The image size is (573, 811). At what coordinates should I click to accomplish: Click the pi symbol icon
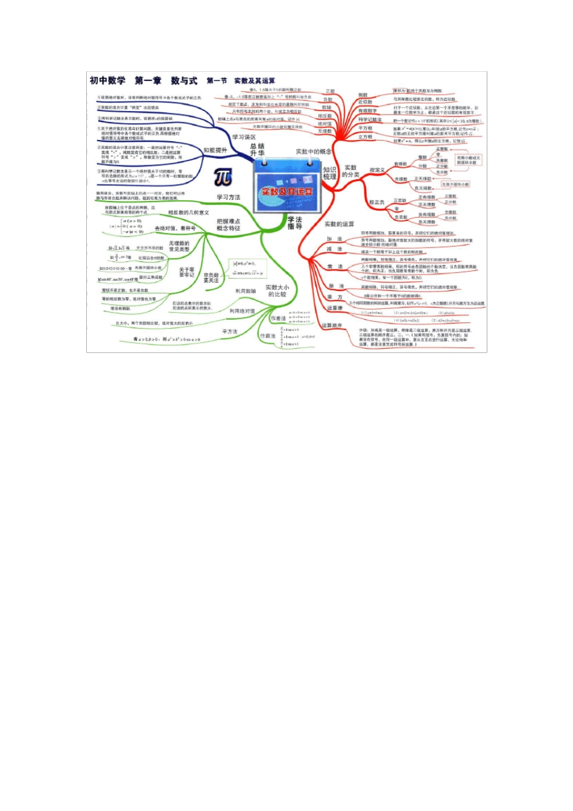(223, 177)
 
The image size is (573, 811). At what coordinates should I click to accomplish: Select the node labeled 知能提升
(215, 150)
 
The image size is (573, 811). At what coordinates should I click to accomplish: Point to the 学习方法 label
(229, 197)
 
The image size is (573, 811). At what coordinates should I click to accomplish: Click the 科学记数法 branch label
(370, 119)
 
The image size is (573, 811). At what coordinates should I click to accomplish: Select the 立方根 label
(366, 137)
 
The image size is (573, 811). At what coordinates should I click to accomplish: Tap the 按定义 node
(377, 170)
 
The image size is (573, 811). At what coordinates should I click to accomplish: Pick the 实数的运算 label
(340, 224)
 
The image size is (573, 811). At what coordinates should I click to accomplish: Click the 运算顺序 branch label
(332, 325)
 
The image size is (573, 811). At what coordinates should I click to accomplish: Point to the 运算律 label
(335, 308)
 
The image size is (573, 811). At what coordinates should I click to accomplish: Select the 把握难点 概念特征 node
(229, 225)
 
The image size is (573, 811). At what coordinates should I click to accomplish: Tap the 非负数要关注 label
(211, 278)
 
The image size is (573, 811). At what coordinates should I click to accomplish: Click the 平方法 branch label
(230, 332)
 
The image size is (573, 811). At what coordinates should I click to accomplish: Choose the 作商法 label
(268, 336)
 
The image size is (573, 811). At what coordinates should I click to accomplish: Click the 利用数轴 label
(245, 291)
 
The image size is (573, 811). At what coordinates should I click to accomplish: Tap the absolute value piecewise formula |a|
(126, 226)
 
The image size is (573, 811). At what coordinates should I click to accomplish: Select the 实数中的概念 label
(314, 151)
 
